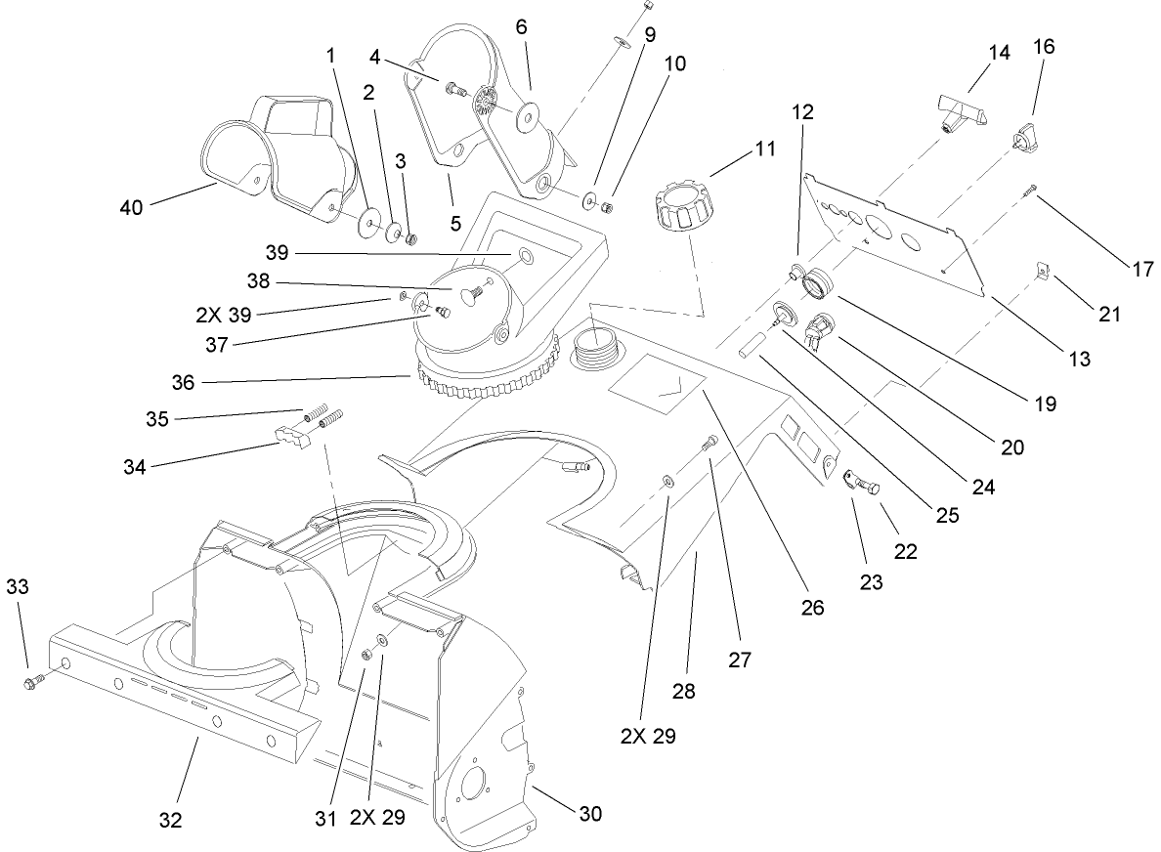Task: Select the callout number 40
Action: click(132, 207)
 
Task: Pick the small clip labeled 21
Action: click(1042, 270)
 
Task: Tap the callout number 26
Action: click(811, 607)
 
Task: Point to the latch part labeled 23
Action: click(857, 482)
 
